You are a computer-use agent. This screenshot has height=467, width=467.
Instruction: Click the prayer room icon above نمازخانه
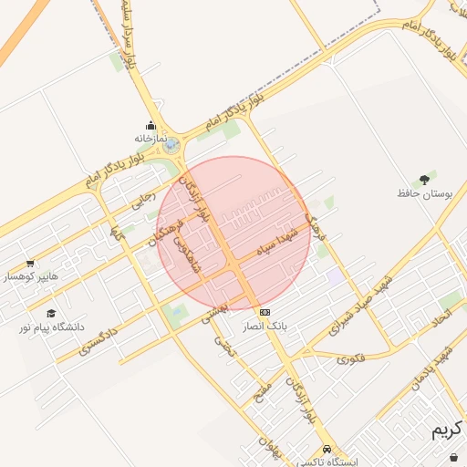coord(150,126)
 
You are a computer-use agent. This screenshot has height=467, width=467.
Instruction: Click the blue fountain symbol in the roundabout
coord(171,144)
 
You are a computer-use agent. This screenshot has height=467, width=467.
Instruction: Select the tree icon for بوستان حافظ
coord(424,180)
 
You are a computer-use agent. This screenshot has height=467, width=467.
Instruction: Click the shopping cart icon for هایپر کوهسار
coord(30,263)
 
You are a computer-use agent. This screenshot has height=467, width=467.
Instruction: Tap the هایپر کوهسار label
coord(30,275)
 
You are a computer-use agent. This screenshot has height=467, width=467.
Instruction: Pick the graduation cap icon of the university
coord(50,313)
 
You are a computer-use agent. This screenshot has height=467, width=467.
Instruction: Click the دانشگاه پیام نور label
coord(55,326)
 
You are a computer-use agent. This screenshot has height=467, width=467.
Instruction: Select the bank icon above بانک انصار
coord(265,312)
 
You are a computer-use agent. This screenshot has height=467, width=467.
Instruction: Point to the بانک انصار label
coord(265,325)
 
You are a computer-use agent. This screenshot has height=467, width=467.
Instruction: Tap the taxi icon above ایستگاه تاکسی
coord(327,450)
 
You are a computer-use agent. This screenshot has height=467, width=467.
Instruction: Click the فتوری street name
coord(350,358)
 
